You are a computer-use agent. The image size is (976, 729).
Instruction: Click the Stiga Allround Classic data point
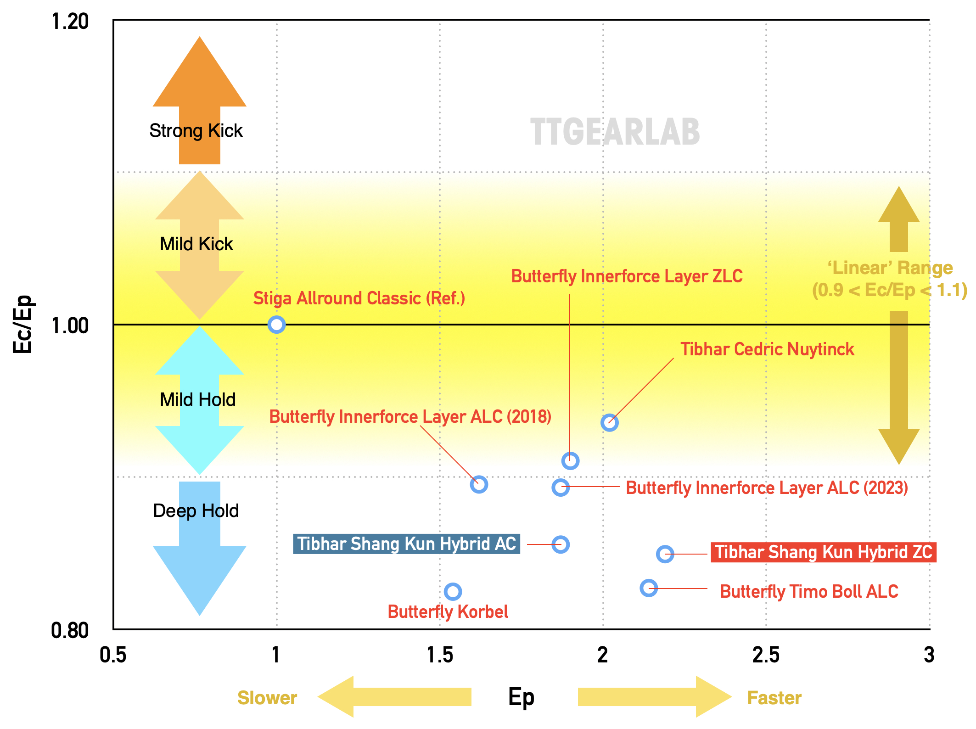[x=276, y=325]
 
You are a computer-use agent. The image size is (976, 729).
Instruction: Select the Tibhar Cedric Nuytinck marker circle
[x=609, y=422]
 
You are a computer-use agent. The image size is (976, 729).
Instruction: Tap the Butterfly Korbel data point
[x=453, y=592]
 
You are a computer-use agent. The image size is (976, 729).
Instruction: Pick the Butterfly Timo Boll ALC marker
[x=649, y=588]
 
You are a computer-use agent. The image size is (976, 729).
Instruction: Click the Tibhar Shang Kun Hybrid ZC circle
[x=665, y=554]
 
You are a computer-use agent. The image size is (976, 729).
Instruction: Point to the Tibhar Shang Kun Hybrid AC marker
[x=561, y=544]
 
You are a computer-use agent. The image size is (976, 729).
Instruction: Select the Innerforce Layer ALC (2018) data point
[x=479, y=484]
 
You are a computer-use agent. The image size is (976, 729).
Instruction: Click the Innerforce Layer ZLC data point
[x=570, y=460]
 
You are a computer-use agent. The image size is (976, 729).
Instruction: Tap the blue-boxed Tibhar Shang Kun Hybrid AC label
[x=406, y=544]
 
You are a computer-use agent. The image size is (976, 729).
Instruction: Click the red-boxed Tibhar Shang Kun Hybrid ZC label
[x=824, y=552]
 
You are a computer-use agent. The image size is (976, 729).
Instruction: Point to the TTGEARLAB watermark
[x=615, y=132]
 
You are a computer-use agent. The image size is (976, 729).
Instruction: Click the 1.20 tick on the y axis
[x=70, y=22]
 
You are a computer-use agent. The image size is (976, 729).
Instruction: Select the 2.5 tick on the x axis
[x=766, y=655]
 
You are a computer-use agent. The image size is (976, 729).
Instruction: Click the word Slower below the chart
[x=267, y=698]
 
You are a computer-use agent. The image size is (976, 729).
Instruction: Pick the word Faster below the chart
[x=774, y=698]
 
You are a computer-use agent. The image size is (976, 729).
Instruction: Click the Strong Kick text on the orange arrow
[x=196, y=131]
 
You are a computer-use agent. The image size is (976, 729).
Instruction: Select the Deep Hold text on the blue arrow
[x=196, y=511]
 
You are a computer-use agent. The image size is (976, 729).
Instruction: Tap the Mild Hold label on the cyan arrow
[x=197, y=400]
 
